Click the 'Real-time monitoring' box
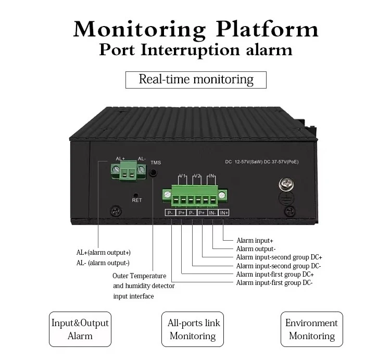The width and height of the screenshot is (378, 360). (x=196, y=80)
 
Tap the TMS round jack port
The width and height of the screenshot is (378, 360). (x=153, y=173)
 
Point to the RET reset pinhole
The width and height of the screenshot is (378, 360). (x=136, y=195)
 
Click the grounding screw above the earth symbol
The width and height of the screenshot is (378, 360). (x=286, y=184)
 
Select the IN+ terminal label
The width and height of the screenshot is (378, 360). (x=224, y=213)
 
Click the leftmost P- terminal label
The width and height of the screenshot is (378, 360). (x=170, y=213)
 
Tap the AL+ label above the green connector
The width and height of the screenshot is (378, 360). (x=120, y=158)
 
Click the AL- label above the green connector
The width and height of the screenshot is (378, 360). (x=142, y=158)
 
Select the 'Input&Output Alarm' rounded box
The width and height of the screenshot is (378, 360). (x=80, y=329)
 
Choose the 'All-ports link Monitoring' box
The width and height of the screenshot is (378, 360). (x=193, y=329)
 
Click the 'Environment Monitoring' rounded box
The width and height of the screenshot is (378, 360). (x=312, y=329)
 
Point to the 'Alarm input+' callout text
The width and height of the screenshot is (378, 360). (x=255, y=241)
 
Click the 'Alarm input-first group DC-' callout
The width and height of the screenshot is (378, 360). (x=274, y=282)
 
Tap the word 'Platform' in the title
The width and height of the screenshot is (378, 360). (x=267, y=30)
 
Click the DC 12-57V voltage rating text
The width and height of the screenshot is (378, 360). (x=262, y=162)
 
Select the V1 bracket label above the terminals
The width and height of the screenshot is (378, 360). (x=182, y=176)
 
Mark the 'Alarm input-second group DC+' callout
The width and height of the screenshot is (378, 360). (x=279, y=257)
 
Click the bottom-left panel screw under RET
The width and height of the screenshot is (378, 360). (x=116, y=211)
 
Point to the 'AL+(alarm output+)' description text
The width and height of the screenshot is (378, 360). (x=104, y=253)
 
